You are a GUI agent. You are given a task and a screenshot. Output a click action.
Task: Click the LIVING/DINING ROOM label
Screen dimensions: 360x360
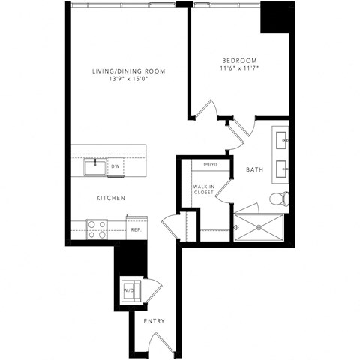128,70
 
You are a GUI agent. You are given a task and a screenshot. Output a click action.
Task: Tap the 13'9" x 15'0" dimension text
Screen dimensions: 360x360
128,79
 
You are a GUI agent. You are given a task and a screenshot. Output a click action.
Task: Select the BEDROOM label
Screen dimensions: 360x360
240,60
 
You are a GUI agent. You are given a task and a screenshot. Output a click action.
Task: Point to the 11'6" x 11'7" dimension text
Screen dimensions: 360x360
240,68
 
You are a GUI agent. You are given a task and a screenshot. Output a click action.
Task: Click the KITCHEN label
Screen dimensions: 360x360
109,198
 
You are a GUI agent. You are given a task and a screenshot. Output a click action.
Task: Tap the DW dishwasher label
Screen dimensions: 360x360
116,167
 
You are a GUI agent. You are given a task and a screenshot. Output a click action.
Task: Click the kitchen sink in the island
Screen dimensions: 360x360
94,167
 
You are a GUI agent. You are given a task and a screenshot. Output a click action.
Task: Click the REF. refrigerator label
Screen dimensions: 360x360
136,230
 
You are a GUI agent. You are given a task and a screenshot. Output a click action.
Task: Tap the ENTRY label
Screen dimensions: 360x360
154,322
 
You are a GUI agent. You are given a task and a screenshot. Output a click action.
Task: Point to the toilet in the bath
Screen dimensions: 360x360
277,199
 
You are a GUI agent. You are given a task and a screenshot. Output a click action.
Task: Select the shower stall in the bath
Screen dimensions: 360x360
259,227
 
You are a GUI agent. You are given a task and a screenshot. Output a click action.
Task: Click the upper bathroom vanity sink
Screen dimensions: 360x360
283,139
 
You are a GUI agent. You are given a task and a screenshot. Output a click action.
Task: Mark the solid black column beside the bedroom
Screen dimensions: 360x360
274,17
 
